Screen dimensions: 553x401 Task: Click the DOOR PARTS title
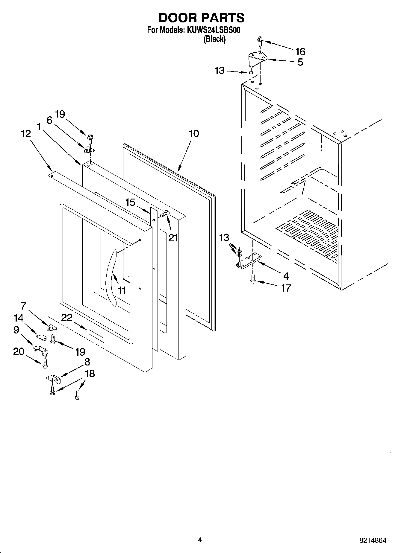click(x=201, y=18)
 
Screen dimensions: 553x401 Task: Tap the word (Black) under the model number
click(x=214, y=39)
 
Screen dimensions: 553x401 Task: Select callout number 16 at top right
click(x=300, y=52)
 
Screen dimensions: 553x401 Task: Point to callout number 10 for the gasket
click(x=194, y=133)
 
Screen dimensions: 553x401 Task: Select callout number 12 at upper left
click(x=26, y=134)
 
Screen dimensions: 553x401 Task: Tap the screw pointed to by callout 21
click(x=165, y=214)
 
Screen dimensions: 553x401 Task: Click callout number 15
click(x=130, y=202)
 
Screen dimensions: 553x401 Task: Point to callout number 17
click(x=286, y=288)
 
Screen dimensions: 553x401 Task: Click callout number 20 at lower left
click(x=19, y=352)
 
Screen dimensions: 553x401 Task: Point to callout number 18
click(x=90, y=374)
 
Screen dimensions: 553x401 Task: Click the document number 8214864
click(x=373, y=540)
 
